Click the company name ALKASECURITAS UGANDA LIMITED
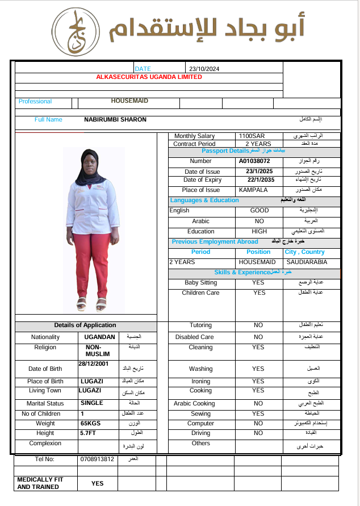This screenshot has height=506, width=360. tap(149, 77)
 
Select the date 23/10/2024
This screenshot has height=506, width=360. tap(204, 69)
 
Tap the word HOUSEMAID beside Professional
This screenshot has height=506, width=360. tap(129, 101)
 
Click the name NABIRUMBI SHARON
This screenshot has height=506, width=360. tap(115, 120)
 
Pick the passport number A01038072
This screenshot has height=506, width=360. tap(254, 161)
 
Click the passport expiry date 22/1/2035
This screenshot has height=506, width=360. tap(261, 180)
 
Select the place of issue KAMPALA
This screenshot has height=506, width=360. tap(253, 190)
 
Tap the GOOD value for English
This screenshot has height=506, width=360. tap(259, 211)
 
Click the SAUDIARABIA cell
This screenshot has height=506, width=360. tap(306, 262)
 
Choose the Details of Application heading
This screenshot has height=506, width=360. tap(85, 325)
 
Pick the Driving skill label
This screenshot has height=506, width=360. tap(200, 433)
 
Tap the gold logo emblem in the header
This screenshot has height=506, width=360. tap(78, 32)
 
